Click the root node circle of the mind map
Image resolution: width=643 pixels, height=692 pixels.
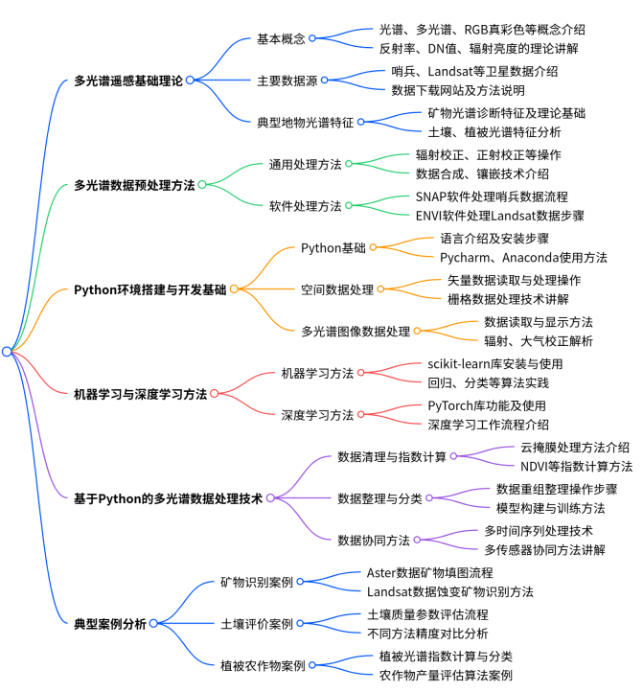click(7, 352)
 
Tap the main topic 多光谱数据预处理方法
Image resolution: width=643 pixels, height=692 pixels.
click(133, 185)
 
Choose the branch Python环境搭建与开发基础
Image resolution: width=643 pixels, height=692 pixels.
click(150, 288)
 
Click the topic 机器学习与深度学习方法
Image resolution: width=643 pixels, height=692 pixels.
click(140, 393)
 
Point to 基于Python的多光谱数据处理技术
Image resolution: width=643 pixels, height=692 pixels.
click(168, 497)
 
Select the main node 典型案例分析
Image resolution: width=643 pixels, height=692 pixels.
click(110, 623)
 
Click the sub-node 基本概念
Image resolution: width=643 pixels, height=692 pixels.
click(281, 39)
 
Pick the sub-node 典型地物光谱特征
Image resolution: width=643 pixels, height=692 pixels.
click(306, 122)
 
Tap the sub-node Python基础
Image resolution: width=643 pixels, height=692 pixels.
click(333, 247)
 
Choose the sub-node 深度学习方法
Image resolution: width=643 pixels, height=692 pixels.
click(317, 414)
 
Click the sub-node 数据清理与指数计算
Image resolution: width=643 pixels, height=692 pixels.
click(392, 456)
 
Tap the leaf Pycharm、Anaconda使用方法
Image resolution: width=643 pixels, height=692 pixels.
click(523, 258)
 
